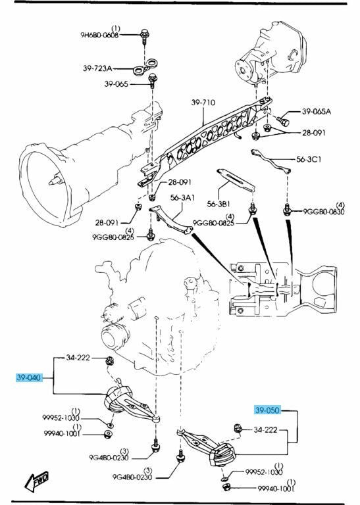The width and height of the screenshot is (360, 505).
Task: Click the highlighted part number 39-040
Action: tap(29, 378)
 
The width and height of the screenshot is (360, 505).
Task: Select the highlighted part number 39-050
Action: tap(268, 410)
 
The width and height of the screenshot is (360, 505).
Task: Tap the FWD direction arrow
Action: tap(38, 483)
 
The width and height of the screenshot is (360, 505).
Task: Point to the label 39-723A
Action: tap(98, 68)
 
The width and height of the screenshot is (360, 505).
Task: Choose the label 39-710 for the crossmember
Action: tap(205, 103)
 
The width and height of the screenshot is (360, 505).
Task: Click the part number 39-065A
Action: tap(317, 112)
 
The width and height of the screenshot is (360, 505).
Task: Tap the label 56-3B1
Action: tap(221, 203)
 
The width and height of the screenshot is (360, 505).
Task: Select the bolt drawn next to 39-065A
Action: tap(283, 121)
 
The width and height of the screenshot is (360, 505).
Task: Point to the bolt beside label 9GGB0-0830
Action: tap(287, 210)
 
